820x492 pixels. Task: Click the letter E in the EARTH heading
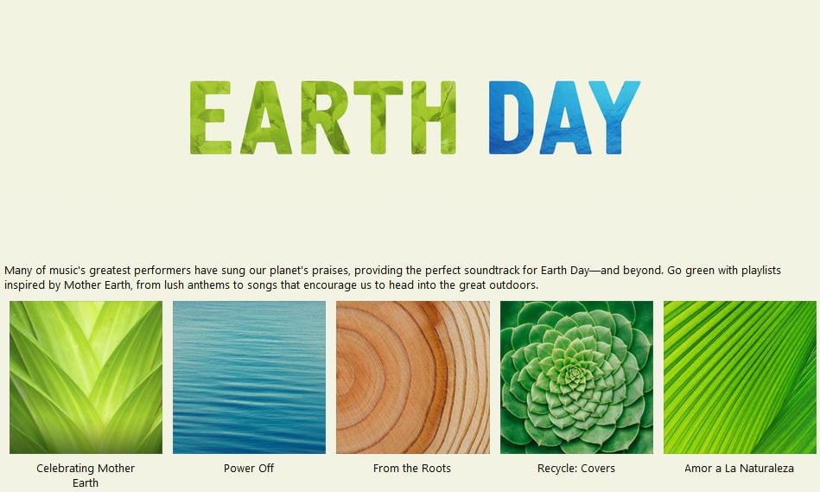tap(210, 118)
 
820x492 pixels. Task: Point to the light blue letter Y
tap(615, 118)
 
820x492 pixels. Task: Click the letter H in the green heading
tap(434, 118)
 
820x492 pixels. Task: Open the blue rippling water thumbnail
tap(249, 377)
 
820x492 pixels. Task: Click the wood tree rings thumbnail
tap(413, 377)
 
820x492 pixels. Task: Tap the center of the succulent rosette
tap(575, 374)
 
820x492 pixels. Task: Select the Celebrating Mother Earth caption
tap(86, 476)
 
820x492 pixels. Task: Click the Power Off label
tap(249, 469)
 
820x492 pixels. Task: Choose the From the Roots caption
tap(412, 469)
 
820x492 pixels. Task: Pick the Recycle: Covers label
tap(576, 469)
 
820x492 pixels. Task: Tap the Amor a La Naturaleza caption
tap(740, 469)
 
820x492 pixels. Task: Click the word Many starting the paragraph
tap(18, 271)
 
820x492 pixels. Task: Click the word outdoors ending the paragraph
tap(513, 285)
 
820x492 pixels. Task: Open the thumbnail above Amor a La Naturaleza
tap(740, 377)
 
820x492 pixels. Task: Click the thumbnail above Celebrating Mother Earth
tap(86, 377)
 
